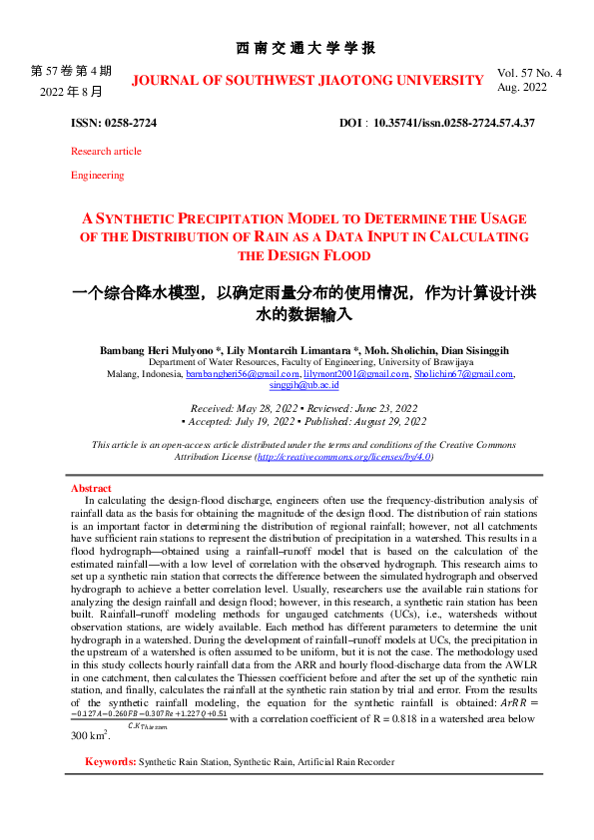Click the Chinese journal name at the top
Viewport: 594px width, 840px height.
(x=305, y=48)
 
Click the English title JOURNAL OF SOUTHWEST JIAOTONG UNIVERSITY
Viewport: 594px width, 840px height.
(x=307, y=80)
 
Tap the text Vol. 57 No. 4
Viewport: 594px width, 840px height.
(x=529, y=73)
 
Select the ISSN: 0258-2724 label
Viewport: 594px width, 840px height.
(x=113, y=122)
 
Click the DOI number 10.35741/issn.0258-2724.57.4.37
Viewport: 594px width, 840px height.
(x=454, y=122)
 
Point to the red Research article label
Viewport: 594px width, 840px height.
(x=106, y=151)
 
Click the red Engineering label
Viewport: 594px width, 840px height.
(x=97, y=175)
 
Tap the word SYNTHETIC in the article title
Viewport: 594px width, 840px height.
(x=154, y=218)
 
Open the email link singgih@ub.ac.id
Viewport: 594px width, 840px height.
(x=305, y=385)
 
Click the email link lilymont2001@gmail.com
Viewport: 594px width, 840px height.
(x=349, y=374)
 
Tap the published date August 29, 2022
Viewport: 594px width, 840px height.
(x=377, y=421)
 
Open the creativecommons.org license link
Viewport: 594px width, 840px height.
(x=344, y=455)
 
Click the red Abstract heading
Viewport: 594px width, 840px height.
(x=91, y=488)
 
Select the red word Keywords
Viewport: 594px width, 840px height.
(x=111, y=761)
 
